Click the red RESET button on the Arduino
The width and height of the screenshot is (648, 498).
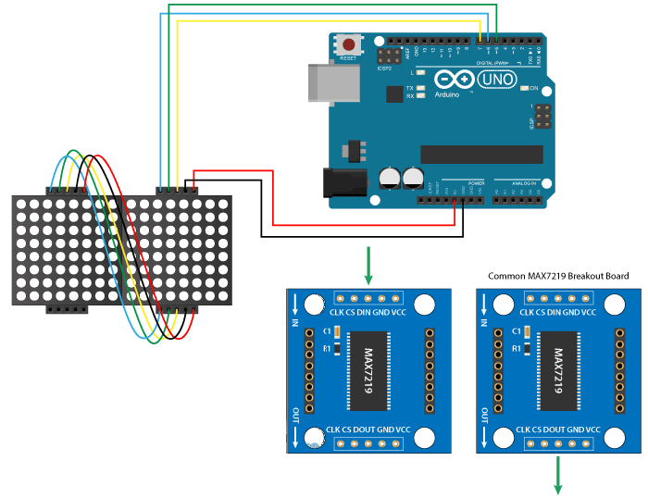tap(349, 44)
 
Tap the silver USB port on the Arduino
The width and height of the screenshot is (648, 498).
tap(326, 82)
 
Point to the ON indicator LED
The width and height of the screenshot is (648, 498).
tap(524, 88)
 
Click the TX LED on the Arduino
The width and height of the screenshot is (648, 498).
tap(421, 87)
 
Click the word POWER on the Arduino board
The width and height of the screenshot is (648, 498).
tap(476, 183)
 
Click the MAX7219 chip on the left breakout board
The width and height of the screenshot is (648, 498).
tap(368, 371)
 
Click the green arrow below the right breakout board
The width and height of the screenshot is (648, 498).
tap(558, 477)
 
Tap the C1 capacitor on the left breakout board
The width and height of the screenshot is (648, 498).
tap(336, 331)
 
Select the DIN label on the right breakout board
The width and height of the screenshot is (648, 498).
tap(555, 312)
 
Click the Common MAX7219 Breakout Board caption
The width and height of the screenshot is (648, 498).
tap(558, 276)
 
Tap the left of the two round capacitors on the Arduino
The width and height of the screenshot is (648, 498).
tap(390, 178)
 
